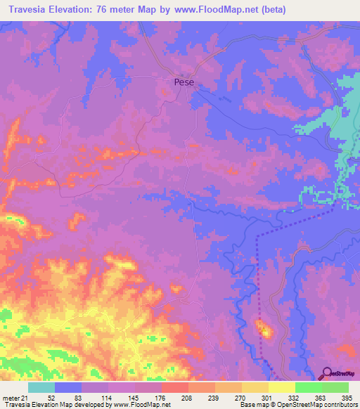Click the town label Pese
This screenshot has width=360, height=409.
click(184, 82)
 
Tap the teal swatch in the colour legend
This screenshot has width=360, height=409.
click(41, 387)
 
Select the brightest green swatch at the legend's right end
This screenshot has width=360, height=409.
click(335, 387)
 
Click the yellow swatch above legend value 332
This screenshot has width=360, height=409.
click(281, 387)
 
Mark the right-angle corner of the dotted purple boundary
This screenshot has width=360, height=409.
click(257, 235)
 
